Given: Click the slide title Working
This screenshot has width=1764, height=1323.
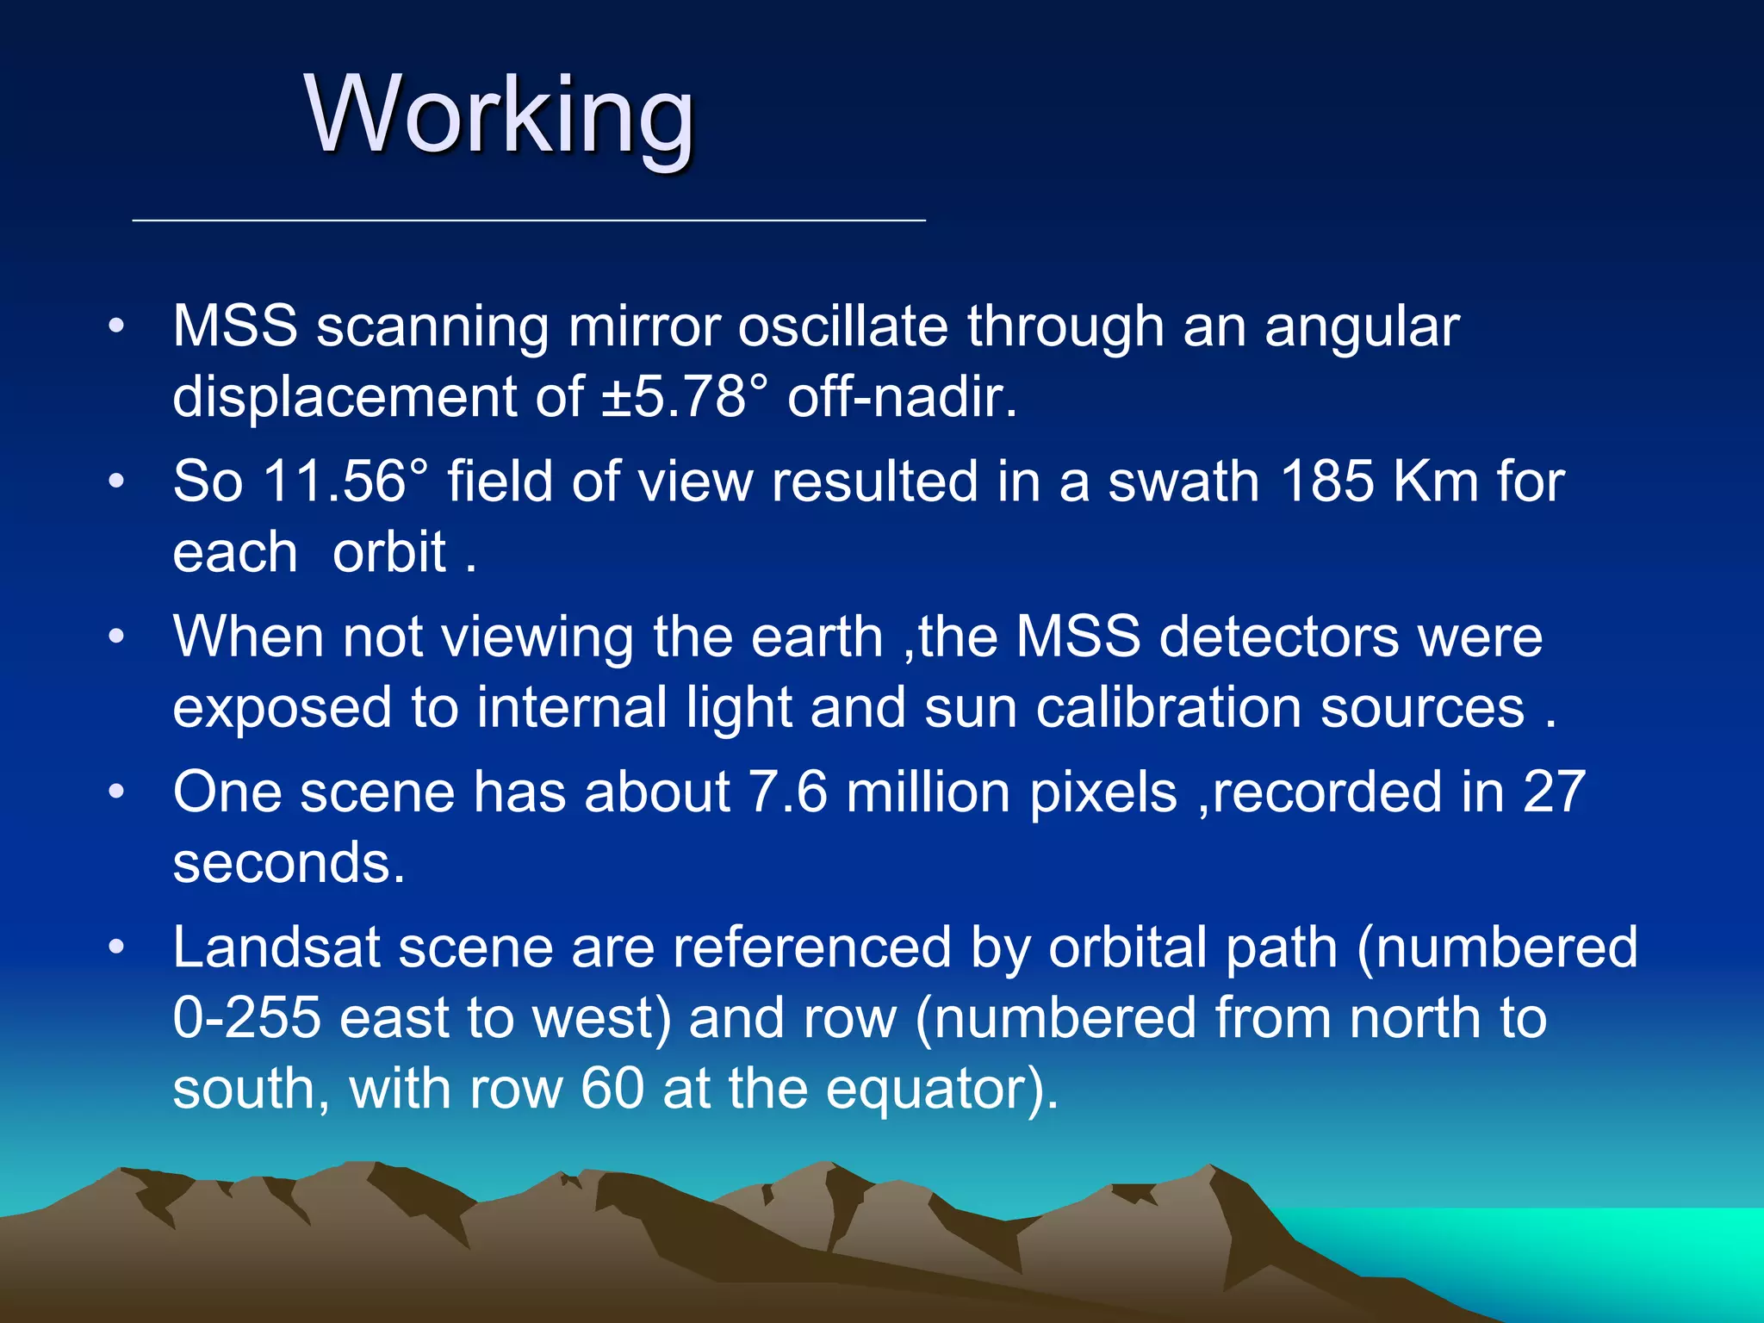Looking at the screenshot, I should (500, 115).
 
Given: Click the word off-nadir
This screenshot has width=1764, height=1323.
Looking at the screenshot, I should (902, 397).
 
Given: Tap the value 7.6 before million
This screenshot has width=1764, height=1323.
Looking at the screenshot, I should (788, 792).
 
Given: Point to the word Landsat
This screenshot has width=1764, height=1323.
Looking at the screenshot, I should (276, 947).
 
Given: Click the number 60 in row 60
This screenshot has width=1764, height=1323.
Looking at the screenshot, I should (612, 1089).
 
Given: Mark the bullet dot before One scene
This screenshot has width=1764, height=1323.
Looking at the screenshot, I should (117, 792).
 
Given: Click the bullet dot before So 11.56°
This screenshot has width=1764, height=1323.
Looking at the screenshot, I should (117, 481).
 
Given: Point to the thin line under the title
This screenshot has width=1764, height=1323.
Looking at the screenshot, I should (529, 221).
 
